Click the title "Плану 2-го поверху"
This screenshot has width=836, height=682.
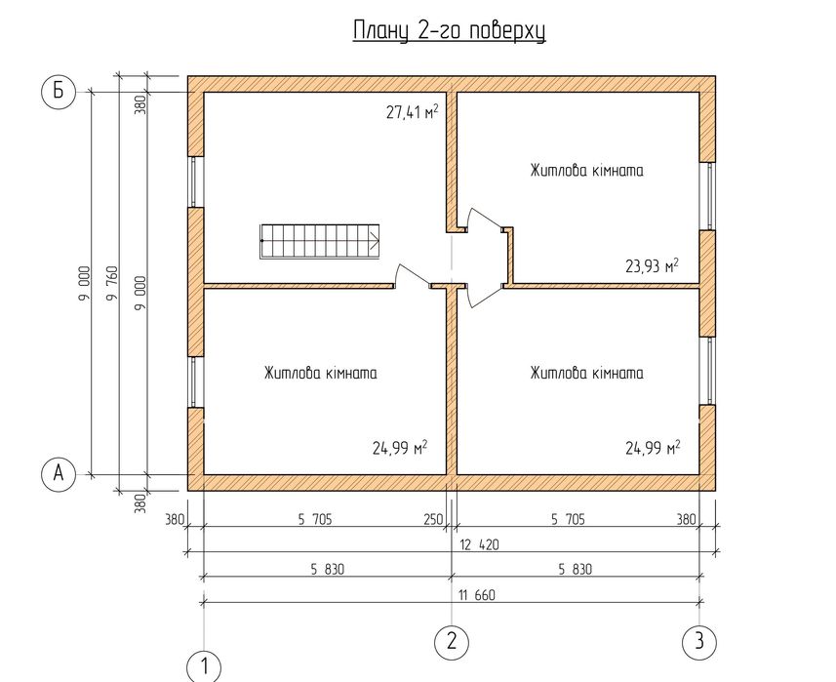coord(448,31)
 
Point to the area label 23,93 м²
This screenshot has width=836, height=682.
coord(651,265)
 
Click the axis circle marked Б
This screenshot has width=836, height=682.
coord(59,92)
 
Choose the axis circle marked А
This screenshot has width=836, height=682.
coord(59,474)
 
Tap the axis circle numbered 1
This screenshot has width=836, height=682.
coord(204,668)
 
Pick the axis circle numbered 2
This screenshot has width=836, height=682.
coord(451,641)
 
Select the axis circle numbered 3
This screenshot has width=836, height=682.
coord(698,641)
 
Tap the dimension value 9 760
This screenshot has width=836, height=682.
coord(110,283)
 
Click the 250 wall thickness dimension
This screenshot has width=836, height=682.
coord(433,520)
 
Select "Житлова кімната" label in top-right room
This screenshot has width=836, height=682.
coord(586,171)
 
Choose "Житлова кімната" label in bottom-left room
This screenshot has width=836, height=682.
coord(320,373)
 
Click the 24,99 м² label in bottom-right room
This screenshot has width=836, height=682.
coord(652,449)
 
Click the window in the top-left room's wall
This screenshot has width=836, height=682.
coord(195,181)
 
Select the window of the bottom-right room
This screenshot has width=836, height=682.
coord(709,373)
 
